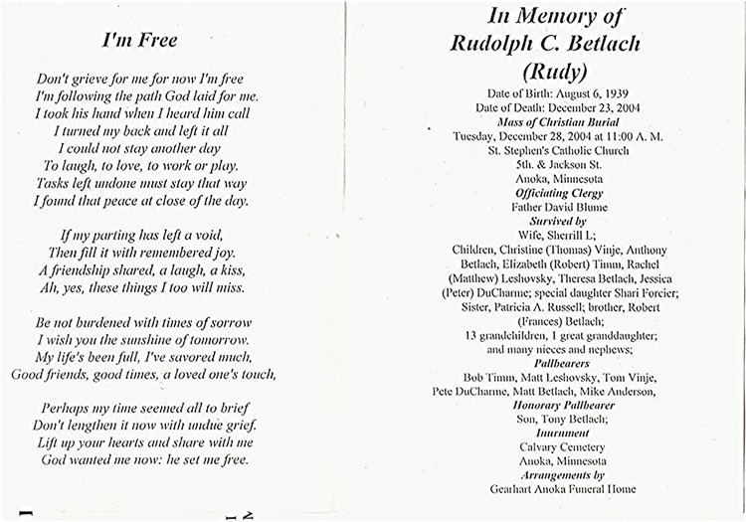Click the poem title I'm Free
(x=140, y=40)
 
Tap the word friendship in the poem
(x=91, y=270)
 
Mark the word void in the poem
(x=228, y=235)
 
